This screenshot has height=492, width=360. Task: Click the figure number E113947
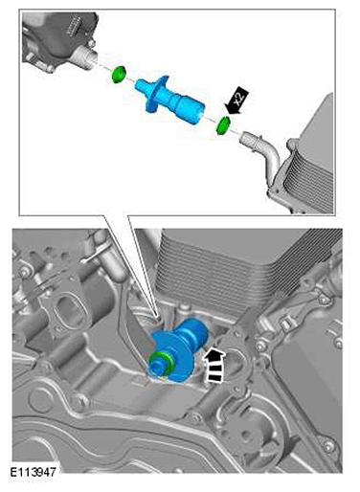point(33,472)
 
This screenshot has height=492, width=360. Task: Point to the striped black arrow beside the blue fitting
point(214,365)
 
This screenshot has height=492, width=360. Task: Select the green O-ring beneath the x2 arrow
point(223,125)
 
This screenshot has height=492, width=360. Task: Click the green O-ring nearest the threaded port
point(119,74)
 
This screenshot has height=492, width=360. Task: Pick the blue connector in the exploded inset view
point(169,99)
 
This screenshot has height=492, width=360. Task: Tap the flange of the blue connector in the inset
point(156,94)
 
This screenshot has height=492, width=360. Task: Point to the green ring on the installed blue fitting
point(161,363)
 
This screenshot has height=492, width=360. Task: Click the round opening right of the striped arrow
point(237,361)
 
